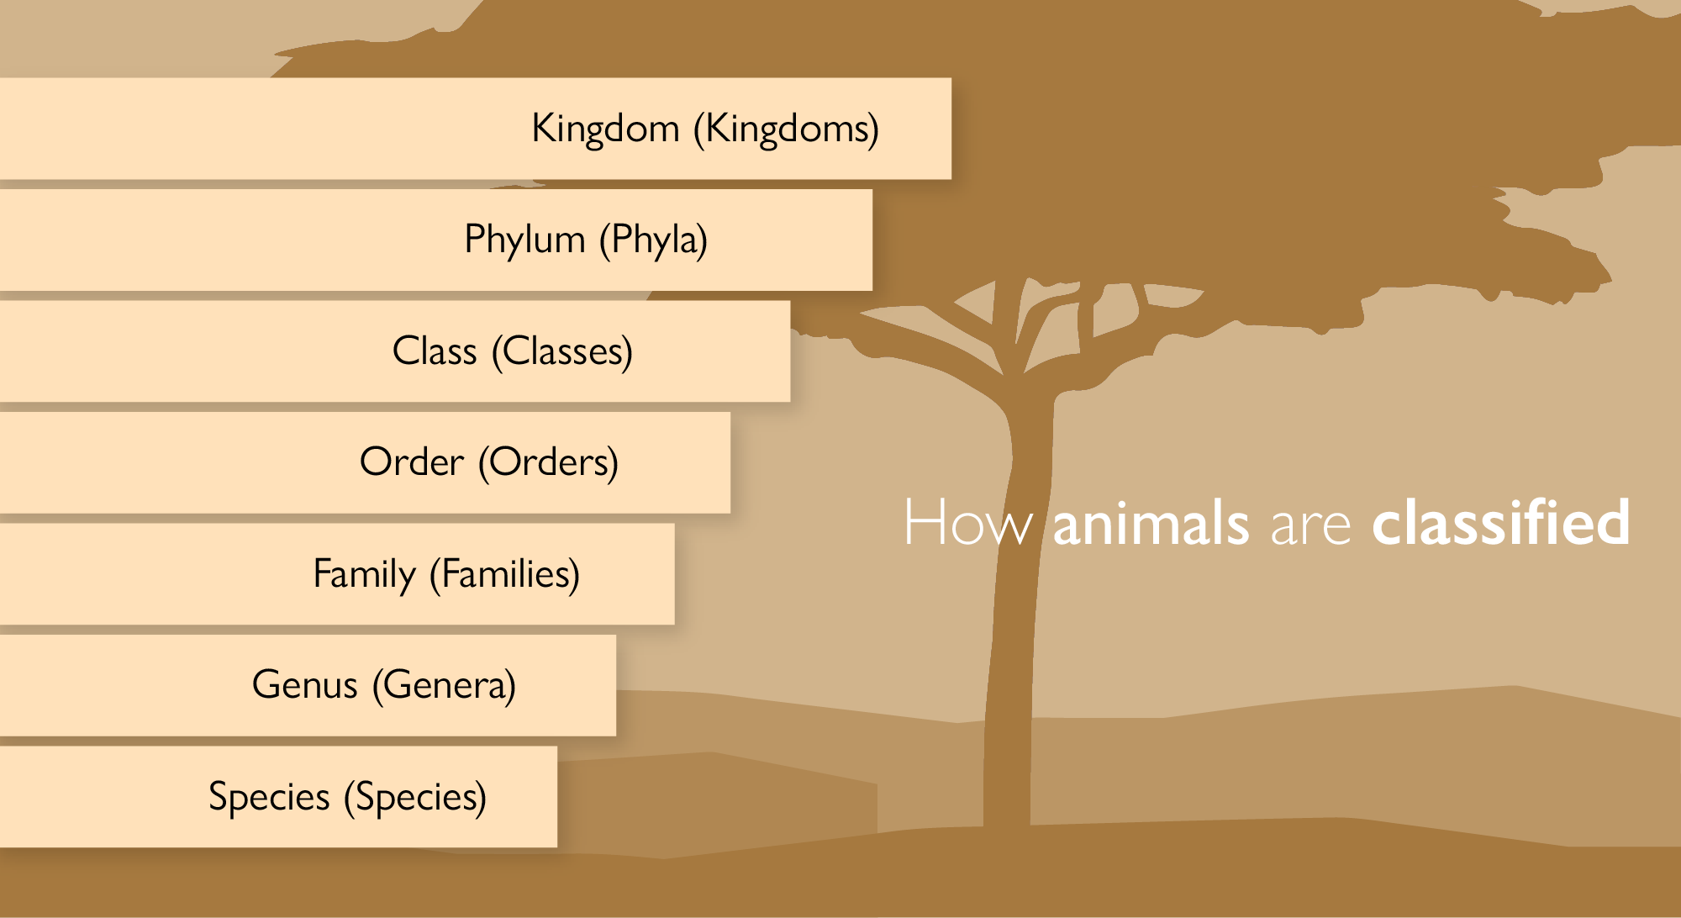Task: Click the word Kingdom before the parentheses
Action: (605, 129)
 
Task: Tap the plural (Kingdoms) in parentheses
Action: (787, 129)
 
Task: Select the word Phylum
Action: (524, 240)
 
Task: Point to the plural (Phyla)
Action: (654, 240)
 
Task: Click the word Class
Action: (435, 351)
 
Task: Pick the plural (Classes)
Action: (562, 351)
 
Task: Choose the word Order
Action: (412, 462)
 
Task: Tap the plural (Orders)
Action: (549, 462)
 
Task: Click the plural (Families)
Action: (505, 574)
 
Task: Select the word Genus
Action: (305, 684)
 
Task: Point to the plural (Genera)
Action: (445, 685)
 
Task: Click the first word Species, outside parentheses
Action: (269, 797)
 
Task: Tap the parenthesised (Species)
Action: (415, 797)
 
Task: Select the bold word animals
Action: (1151, 523)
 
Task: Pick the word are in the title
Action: (1311, 526)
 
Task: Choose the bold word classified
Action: (1501, 521)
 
